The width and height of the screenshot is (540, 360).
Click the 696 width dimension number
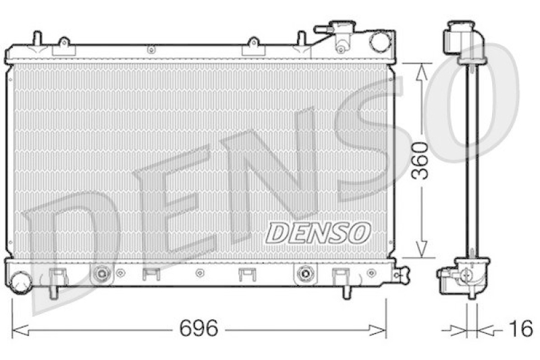tap(198, 328)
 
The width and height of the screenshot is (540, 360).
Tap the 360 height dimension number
tap(420, 161)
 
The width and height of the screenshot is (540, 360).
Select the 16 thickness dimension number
tap(521, 328)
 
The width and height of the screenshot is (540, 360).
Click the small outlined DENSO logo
tap(317, 232)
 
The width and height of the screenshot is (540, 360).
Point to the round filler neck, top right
tap(380, 41)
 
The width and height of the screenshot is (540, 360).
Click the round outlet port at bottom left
tap(20, 282)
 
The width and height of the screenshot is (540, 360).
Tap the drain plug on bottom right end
tap(401, 274)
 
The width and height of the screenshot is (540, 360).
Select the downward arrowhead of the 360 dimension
tap(421, 249)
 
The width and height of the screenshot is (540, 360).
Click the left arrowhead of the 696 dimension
tap(21, 331)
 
